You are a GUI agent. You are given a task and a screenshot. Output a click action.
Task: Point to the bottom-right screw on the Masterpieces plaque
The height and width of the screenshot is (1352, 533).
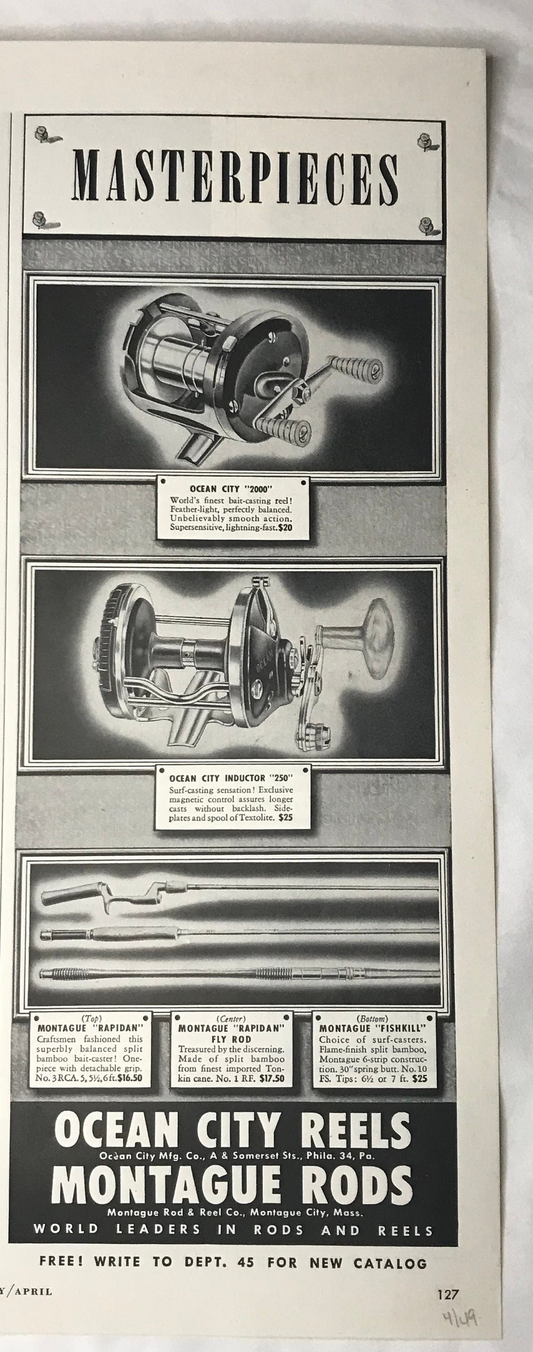[425, 226]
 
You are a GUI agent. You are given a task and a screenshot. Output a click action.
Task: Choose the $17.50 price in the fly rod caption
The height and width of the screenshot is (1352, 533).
[272, 1079]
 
